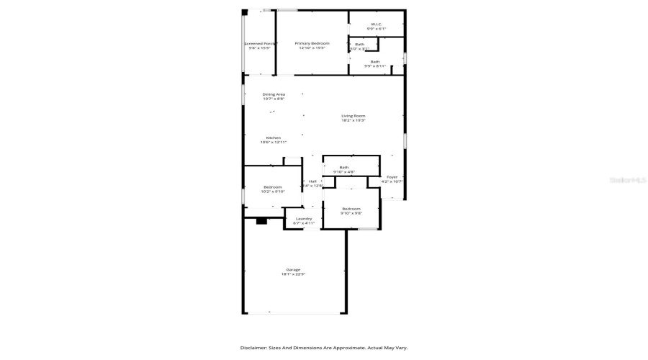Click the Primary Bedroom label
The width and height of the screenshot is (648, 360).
[312, 43]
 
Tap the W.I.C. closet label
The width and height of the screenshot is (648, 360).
[376, 24]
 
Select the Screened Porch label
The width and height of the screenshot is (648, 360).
[260, 43]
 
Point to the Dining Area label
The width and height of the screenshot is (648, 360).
[274, 94]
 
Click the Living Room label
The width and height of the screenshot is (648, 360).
[354, 116]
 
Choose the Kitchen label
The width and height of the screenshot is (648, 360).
[274, 138]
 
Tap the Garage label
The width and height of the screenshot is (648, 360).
[293, 269]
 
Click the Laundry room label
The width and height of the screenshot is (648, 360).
[304, 218]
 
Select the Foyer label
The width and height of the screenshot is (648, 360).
[392, 176]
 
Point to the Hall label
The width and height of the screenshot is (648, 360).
[312, 181]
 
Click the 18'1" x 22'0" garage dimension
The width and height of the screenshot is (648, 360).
[293, 274]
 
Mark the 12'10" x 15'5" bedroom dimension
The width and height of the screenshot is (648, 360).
[312, 48]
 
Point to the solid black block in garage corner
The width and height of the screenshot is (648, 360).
[261, 220]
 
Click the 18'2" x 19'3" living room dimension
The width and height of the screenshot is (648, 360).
[354, 120]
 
